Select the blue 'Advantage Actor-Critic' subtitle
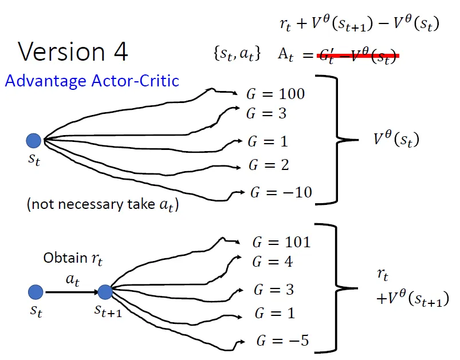(x=92, y=80)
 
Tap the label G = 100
(x=275, y=94)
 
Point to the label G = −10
(x=281, y=192)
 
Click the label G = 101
(x=281, y=242)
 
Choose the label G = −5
(x=282, y=341)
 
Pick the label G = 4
(x=273, y=262)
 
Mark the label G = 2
(x=269, y=165)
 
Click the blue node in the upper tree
(x=34, y=140)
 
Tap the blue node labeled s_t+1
(x=105, y=292)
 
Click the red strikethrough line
(x=357, y=56)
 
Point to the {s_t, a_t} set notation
(x=237, y=54)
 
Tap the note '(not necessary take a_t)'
(x=103, y=205)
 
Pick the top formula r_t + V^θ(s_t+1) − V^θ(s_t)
(x=359, y=23)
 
